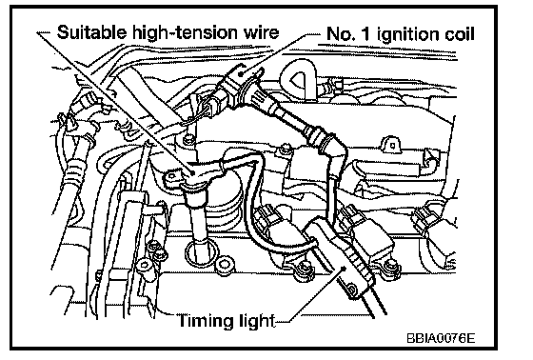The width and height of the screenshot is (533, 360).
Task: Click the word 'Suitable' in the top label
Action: (x=91, y=32)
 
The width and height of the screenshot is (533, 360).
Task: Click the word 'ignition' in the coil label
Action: (x=409, y=34)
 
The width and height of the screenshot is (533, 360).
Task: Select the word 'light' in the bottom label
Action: (x=254, y=321)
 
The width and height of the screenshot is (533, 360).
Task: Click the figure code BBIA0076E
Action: (x=441, y=338)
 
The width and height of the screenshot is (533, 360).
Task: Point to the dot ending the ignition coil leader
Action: (x=241, y=73)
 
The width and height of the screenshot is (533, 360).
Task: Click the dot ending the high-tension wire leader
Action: (x=192, y=172)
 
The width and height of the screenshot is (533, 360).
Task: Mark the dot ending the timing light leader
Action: (x=344, y=269)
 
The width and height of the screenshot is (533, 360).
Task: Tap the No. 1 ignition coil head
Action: (x=238, y=85)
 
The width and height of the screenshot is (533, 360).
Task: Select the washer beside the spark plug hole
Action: (x=224, y=265)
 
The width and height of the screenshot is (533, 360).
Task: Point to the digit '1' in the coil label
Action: (x=365, y=34)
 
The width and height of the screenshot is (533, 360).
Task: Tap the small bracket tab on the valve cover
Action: (x=391, y=144)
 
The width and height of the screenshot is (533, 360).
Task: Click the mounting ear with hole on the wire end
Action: (x=173, y=179)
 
